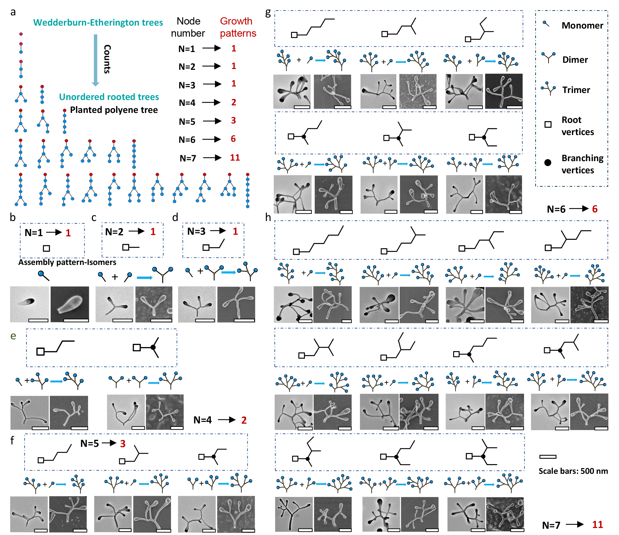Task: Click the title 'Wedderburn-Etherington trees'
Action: [x=98, y=22]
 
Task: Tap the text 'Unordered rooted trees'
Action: [x=109, y=96]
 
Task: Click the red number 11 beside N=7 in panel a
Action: [x=235, y=158]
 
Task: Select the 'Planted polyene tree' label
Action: [x=114, y=110]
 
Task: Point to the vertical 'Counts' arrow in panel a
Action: [x=96, y=60]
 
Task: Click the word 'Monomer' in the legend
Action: [x=582, y=25]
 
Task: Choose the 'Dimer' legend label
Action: [x=575, y=60]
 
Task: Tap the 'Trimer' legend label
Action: [x=576, y=90]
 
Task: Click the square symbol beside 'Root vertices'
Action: [x=548, y=125]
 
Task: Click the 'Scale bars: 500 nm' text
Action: [x=573, y=471]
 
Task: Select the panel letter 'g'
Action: [x=268, y=13]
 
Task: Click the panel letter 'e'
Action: [x=13, y=336]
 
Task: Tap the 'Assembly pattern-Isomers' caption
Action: [x=67, y=262]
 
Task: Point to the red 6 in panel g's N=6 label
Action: [x=594, y=209]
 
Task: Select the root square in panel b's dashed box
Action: [x=46, y=248]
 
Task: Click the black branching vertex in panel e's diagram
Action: [x=153, y=347]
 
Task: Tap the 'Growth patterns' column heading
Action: [x=238, y=27]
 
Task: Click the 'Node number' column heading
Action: [x=188, y=27]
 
